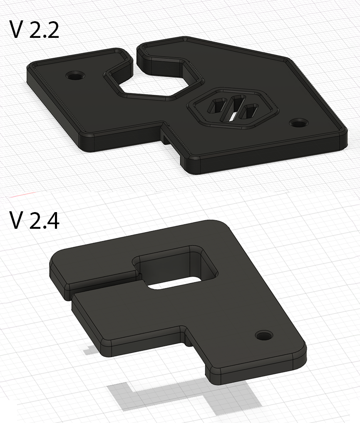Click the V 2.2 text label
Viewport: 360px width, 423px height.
coord(34,30)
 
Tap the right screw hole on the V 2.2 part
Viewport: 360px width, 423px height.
coord(298,124)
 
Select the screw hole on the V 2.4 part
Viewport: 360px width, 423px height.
coord(263,335)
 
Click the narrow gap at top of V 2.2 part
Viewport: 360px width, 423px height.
coord(134,56)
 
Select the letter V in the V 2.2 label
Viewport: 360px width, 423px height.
coord(16,30)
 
